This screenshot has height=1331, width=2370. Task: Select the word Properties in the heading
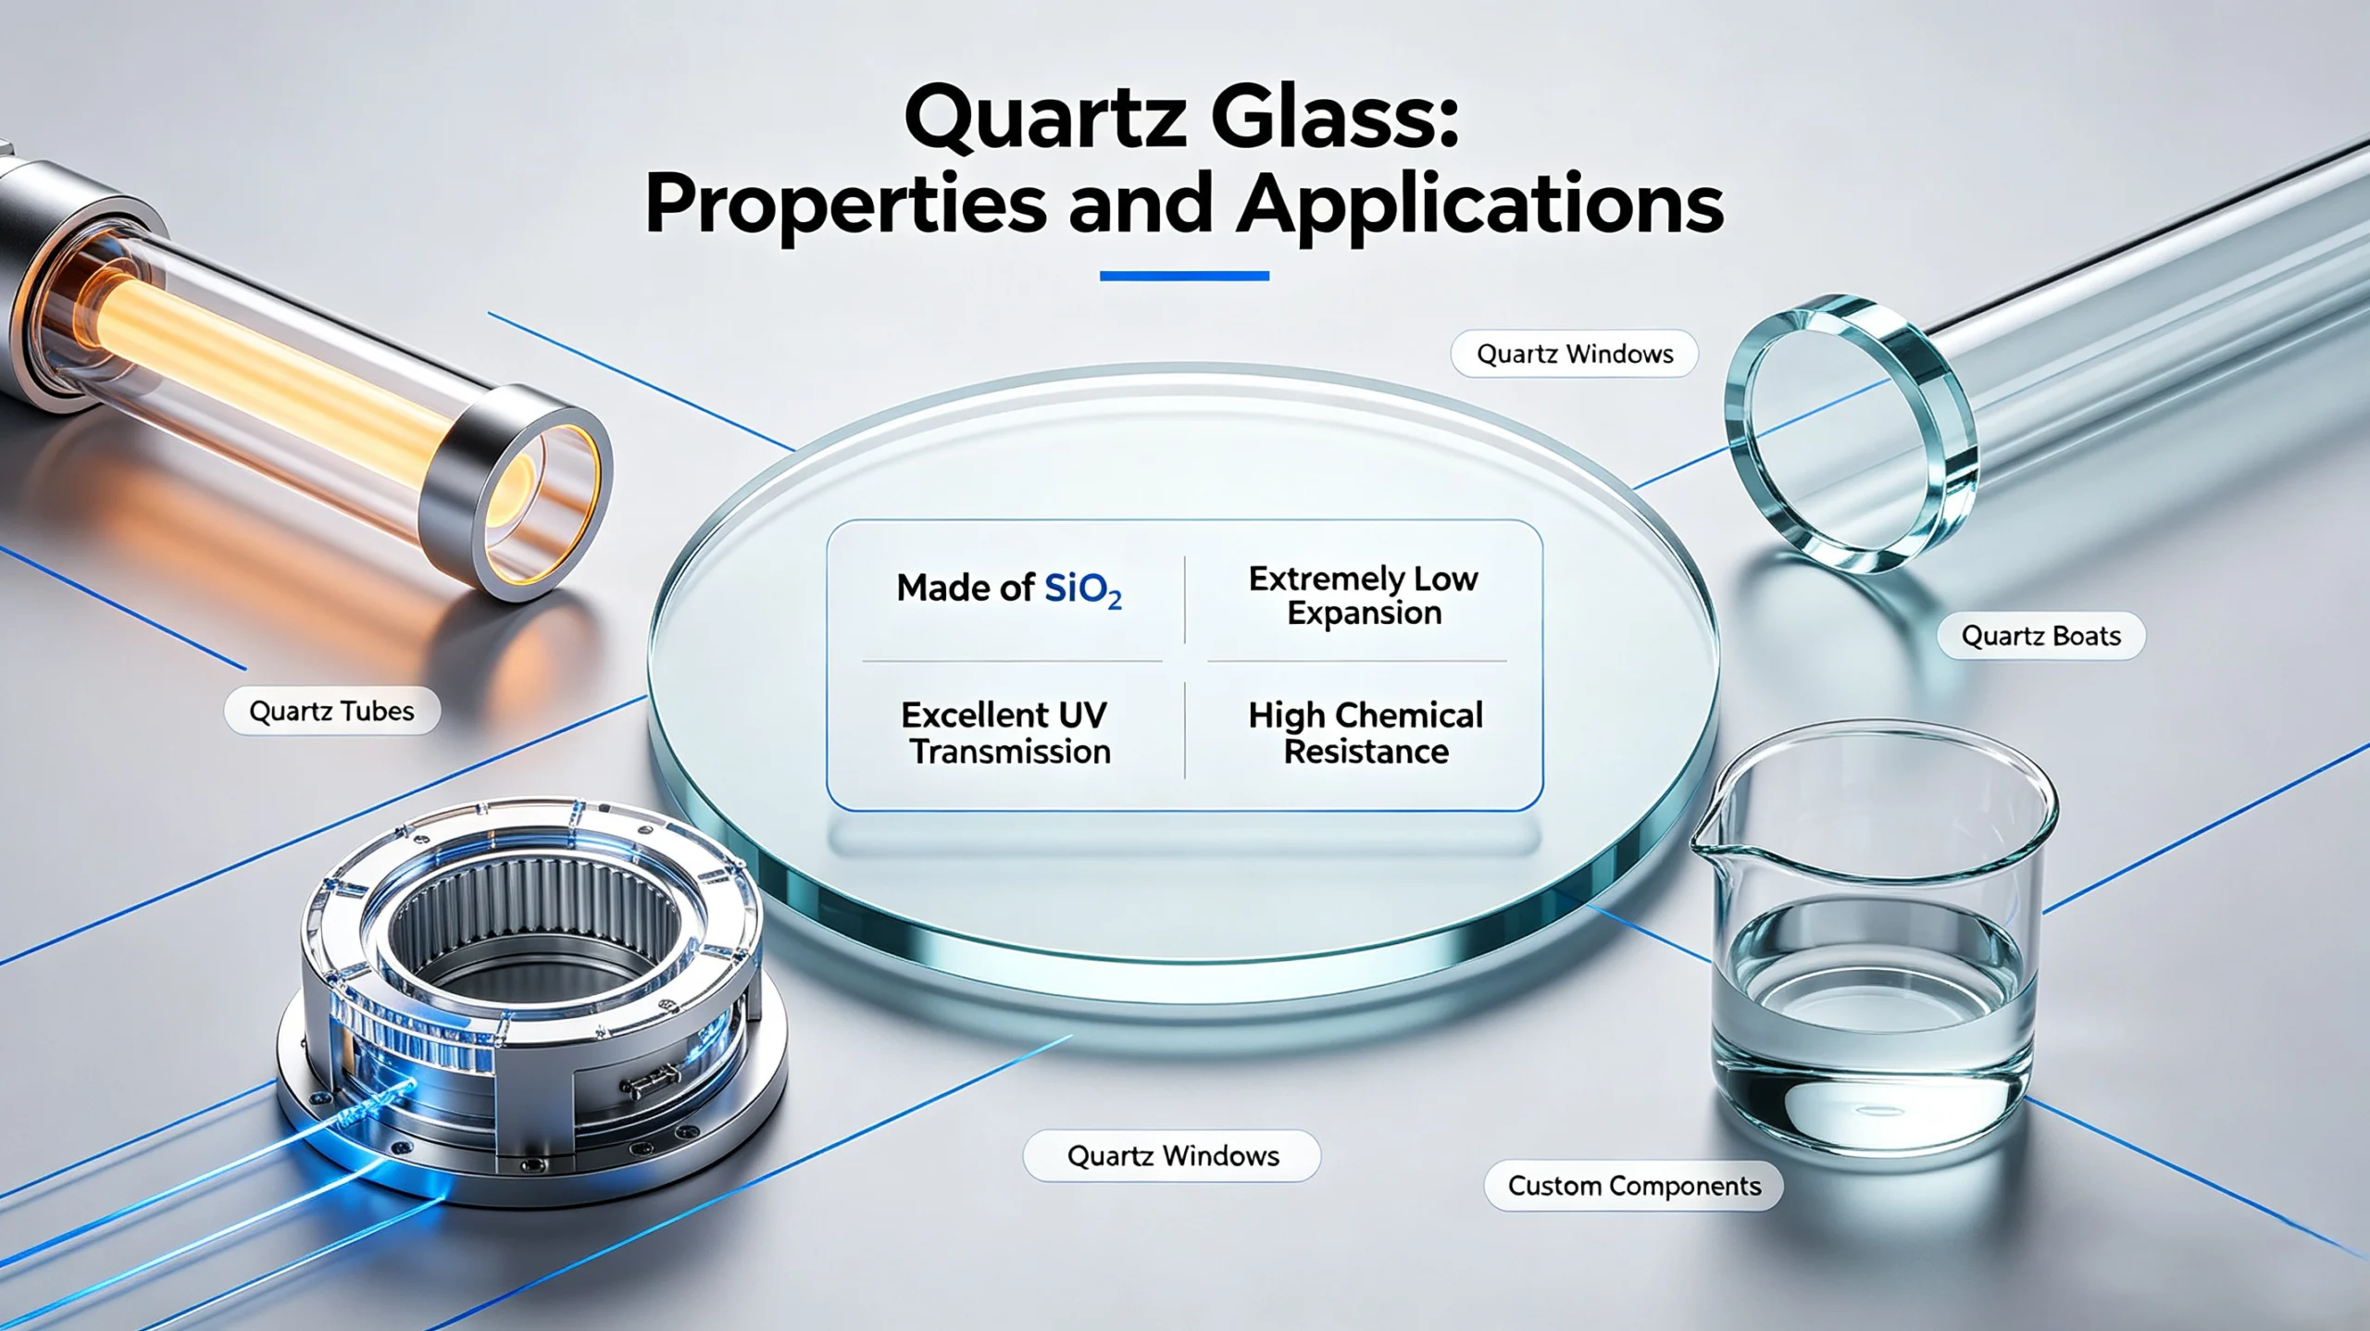point(845,205)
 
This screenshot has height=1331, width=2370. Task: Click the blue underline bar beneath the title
point(1184,276)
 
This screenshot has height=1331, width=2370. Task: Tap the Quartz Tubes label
point(331,711)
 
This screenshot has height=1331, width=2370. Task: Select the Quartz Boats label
point(2040,636)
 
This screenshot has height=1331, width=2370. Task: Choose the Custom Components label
point(1634,1186)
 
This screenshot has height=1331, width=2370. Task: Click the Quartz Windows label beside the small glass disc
point(1575,354)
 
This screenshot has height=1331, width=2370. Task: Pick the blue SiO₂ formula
point(1083,591)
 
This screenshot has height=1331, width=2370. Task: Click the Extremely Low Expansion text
point(1364,595)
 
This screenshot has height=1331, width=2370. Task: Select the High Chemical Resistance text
point(1366,733)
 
